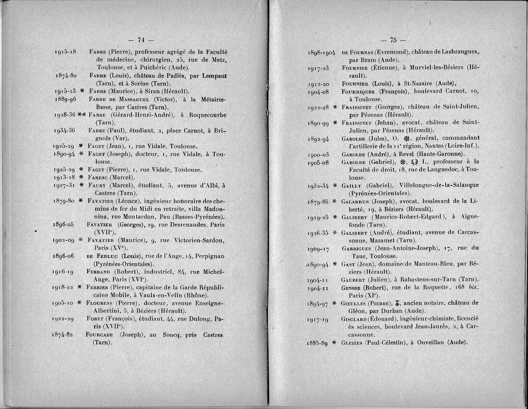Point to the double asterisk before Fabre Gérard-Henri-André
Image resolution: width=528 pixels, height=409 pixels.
click(81, 115)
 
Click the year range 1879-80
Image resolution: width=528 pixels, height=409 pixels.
click(64, 201)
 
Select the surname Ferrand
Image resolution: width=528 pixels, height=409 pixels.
click(99, 271)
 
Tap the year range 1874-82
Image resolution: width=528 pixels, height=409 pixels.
click(64, 335)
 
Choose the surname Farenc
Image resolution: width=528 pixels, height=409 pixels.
click(98, 178)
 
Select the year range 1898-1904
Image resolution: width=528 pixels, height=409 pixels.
click(322, 52)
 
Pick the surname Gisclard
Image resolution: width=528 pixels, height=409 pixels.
click(356, 318)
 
